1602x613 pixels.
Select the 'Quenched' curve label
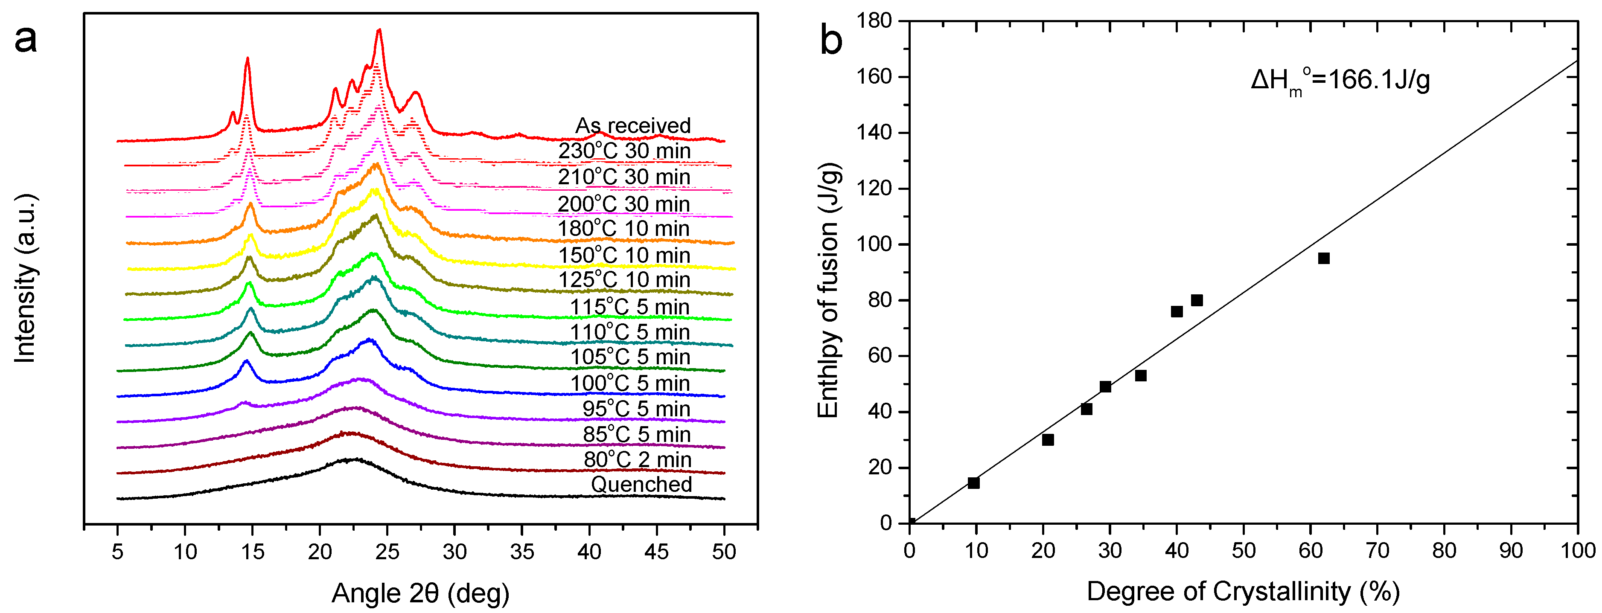click(641, 484)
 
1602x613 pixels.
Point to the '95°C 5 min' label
click(636, 409)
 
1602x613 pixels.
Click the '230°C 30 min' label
click(624, 151)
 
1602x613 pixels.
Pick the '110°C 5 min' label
click(630, 333)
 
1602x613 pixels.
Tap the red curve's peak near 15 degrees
click(248, 58)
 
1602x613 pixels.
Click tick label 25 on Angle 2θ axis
click(387, 552)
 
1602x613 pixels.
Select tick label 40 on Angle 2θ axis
click(589, 552)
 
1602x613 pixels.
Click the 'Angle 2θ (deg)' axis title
click(420, 594)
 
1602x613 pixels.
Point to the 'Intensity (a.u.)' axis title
click(26, 279)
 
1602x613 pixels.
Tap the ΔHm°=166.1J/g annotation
click(1340, 81)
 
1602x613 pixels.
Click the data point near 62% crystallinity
click(1323, 258)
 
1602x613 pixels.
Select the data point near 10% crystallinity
click(973, 483)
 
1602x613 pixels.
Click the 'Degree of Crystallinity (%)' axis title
click(1243, 591)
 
